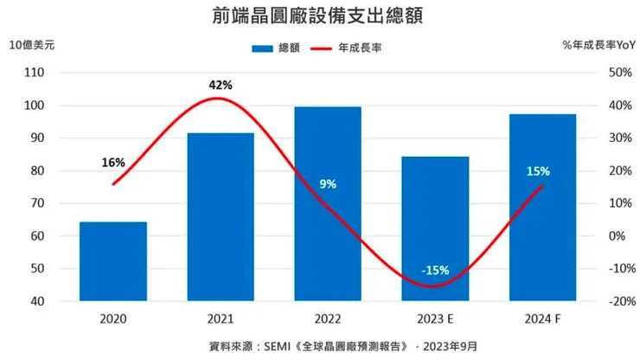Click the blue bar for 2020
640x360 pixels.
pyautogui.click(x=113, y=261)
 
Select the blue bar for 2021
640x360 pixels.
pyautogui.click(x=221, y=216)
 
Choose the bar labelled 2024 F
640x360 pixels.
pyautogui.click(x=542, y=208)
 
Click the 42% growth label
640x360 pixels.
pyautogui.click(x=221, y=85)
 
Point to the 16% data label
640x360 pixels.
pyautogui.click(x=113, y=162)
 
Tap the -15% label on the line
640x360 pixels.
pyautogui.click(x=435, y=270)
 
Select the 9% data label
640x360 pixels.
pyautogui.click(x=328, y=183)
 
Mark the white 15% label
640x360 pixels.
pyautogui.click(x=537, y=171)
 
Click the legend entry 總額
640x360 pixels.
pyautogui.click(x=278, y=48)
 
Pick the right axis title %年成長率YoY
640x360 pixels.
pyautogui.click(x=598, y=44)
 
